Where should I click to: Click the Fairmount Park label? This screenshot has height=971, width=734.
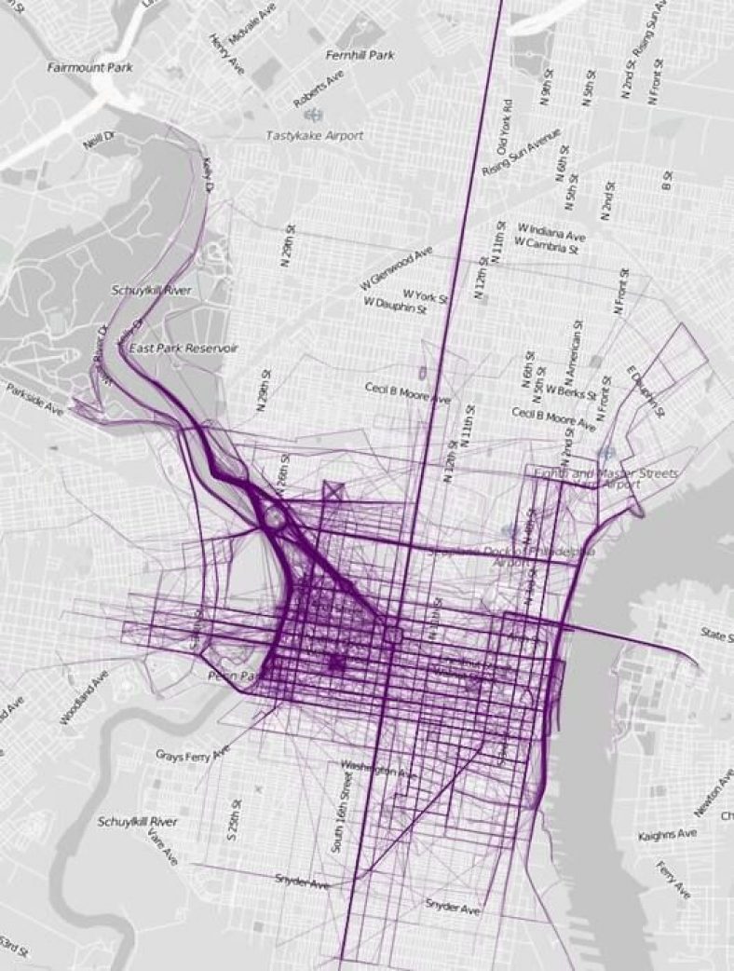pyautogui.click(x=90, y=67)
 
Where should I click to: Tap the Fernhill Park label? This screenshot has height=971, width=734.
pyautogui.click(x=360, y=55)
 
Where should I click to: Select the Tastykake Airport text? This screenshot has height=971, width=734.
pyautogui.click(x=314, y=135)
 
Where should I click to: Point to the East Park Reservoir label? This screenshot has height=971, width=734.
pyautogui.click(x=183, y=348)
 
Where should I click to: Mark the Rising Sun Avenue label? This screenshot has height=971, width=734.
pyautogui.click(x=521, y=153)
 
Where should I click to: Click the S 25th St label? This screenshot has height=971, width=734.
pyautogui.click(x=237, y=820)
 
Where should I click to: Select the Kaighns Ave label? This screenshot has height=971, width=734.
pyautogui.click(x=667, y=834)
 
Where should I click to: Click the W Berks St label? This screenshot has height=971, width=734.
pyautogui.click(x=571, y=392)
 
